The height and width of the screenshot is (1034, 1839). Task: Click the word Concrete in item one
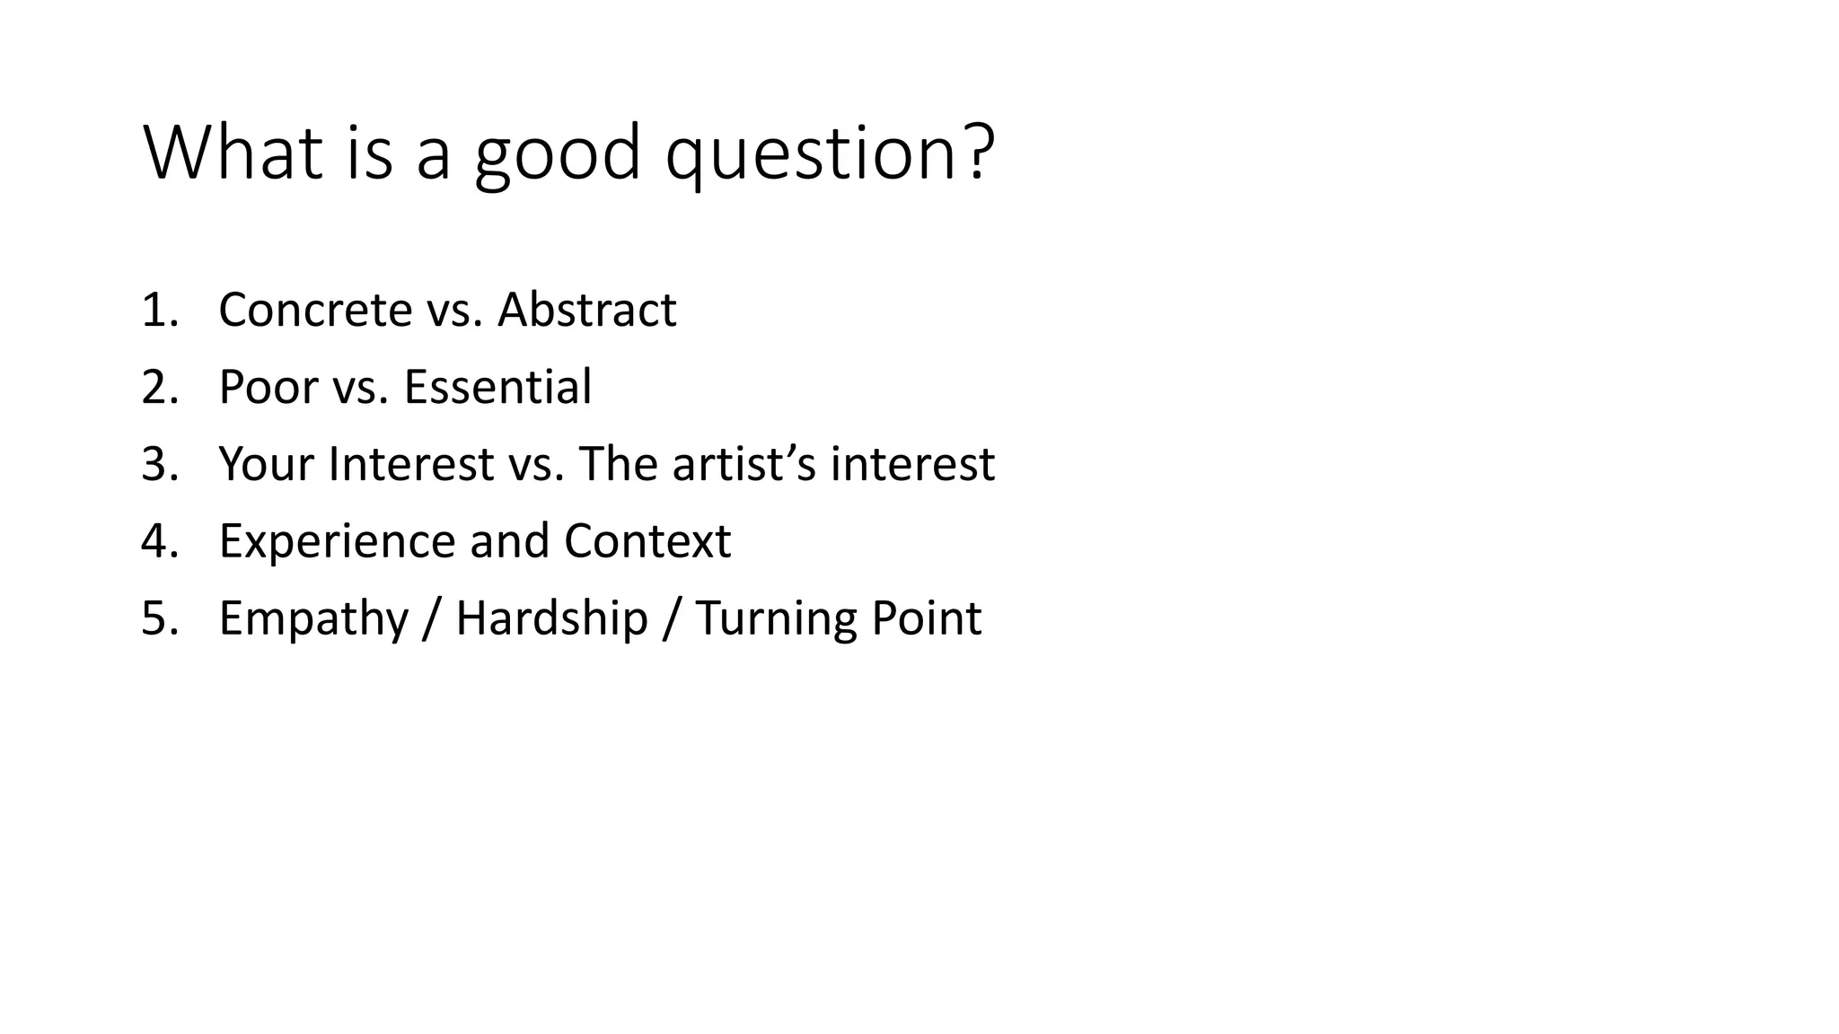pyautogui.click(x=315, y=310)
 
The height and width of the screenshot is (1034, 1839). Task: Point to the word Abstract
pyautogui.click(x=586, y=310)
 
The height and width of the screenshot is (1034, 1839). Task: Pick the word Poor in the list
pyautogui.click(x=268, y=387)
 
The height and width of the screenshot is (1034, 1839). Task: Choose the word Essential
pyautogui.click(x=497, y=387)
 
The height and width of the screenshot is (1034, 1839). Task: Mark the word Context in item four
pyautogui.click(x=647, y=541)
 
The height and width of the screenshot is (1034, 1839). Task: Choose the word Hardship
pyautogui.click(x=551, y=618)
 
